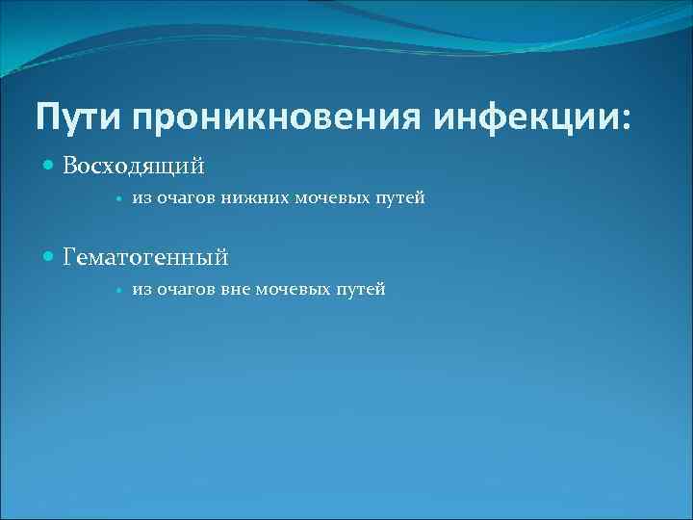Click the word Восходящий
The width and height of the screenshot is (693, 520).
pos(134,167)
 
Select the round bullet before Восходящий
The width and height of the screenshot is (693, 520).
pos(51,167)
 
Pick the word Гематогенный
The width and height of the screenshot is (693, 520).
pos(145,257)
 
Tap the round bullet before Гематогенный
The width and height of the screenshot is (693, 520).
pos(51,257)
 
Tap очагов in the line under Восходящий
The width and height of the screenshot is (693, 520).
pos(180,199)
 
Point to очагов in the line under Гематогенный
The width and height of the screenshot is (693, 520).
pos(180,290)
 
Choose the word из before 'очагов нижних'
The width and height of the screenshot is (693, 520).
pos(141,199)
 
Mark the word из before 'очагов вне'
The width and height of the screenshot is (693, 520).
pos(141,290)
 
